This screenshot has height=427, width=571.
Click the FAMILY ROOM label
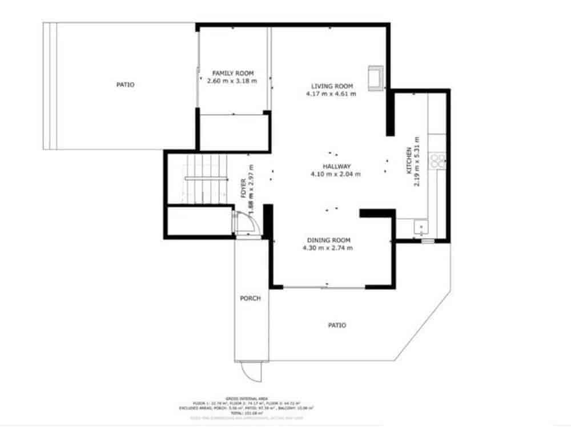click(x=232, y=73)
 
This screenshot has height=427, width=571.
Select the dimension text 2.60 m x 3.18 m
click(x=232, y=81)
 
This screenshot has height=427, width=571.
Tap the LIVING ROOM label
click(x=331, y=86)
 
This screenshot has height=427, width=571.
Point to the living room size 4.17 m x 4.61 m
click(x=331, y=94)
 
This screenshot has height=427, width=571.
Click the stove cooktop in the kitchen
click(x=438, y=160)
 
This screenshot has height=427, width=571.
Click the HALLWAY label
click(x=336, y=166)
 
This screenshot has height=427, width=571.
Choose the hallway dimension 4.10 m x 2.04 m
click(x=336, y=174)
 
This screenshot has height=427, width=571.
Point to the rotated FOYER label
click(x=243, y=188)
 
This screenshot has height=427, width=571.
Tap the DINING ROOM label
click(x=328, y=240)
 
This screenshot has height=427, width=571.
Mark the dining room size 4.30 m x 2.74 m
click(x=328, y=248)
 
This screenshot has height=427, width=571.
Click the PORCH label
click(x=250, y=298)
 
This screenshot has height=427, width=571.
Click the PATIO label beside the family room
click(x=125, y=84)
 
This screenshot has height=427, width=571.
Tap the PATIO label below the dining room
click(x=337, y=325)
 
